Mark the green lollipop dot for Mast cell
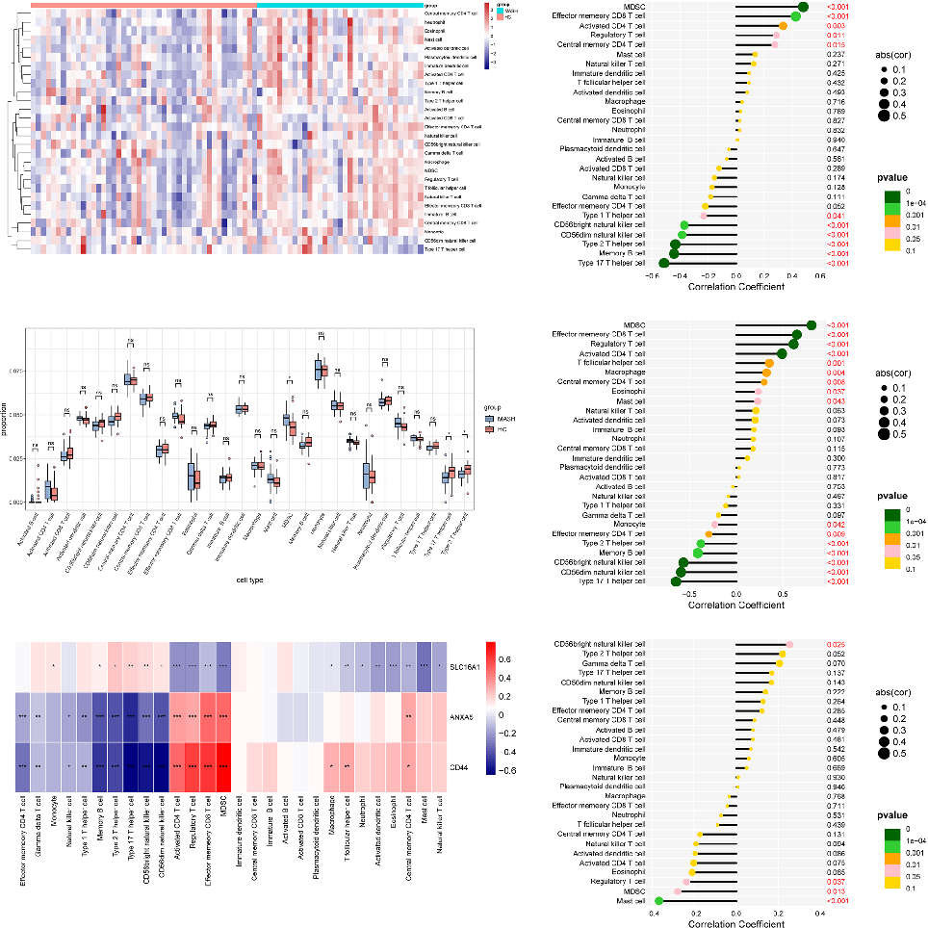tap(658, 901)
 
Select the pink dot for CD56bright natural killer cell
tap(789, 644)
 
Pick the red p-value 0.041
tap(834, 216)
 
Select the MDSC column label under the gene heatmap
tap(223, 809)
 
